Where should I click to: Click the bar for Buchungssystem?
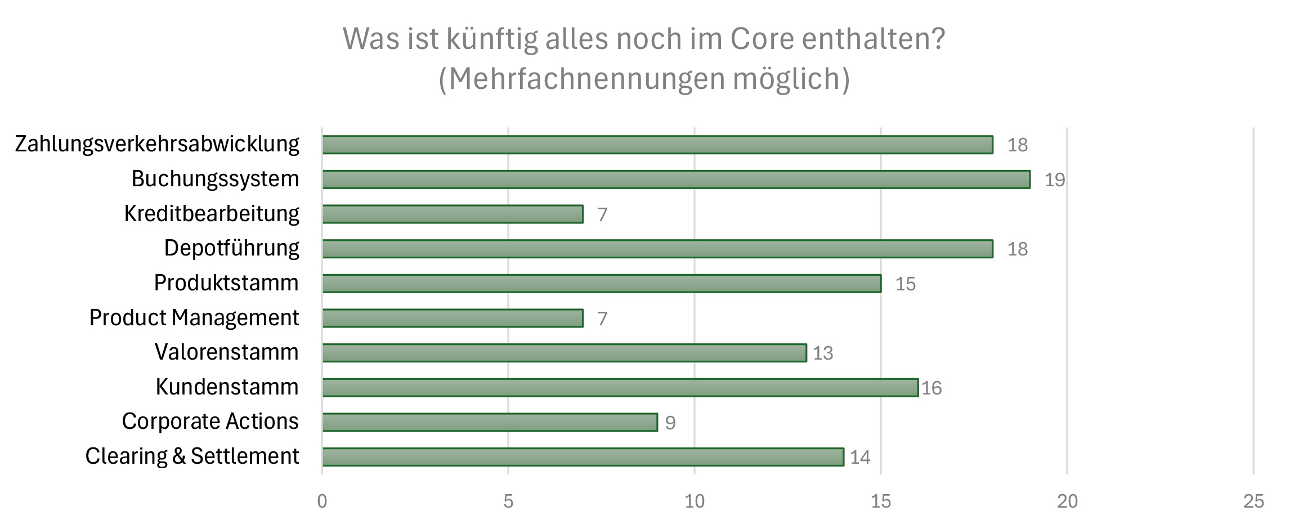[675, 180]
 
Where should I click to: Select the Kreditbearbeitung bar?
[453, 214]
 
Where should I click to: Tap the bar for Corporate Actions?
[490, 422]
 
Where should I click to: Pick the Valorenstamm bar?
[564, 353]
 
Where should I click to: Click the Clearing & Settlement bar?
[583, 457]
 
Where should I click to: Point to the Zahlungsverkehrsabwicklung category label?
[157, 144]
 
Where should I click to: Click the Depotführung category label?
[231, 248]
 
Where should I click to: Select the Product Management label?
[194, 318]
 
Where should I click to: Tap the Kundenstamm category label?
[227, 387]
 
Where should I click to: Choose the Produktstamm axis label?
[226, 283]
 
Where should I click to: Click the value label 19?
[1054, 180]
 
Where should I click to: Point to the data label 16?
[931, 388]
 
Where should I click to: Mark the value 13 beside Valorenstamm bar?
[822, 353]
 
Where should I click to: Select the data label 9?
[670, 423]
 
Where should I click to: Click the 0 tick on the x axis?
[322, 501]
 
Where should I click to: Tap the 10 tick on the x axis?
[694, 501]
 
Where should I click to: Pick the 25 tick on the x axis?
[1253, 501]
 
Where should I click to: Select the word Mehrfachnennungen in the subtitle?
[587, 79]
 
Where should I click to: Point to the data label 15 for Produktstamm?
[905, 284]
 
